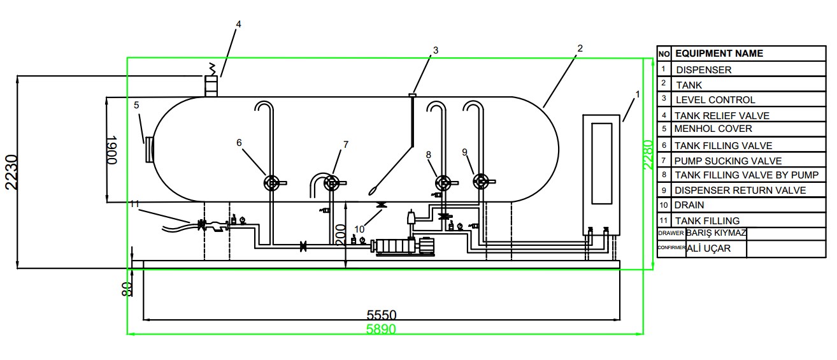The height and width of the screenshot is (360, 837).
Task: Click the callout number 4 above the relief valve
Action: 238,24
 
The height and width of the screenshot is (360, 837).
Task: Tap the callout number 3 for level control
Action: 435,50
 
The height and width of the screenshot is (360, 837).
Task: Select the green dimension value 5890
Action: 381,329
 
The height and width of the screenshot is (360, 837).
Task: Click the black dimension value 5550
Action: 381,315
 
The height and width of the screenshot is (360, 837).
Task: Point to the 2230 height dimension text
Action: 11,172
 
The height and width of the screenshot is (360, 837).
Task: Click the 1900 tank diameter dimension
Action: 112,150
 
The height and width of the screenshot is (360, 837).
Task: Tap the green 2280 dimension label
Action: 648,155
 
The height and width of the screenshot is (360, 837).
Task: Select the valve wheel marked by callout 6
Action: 271,183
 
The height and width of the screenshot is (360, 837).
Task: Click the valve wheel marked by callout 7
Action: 331,183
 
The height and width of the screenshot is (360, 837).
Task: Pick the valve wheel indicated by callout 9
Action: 481,182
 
